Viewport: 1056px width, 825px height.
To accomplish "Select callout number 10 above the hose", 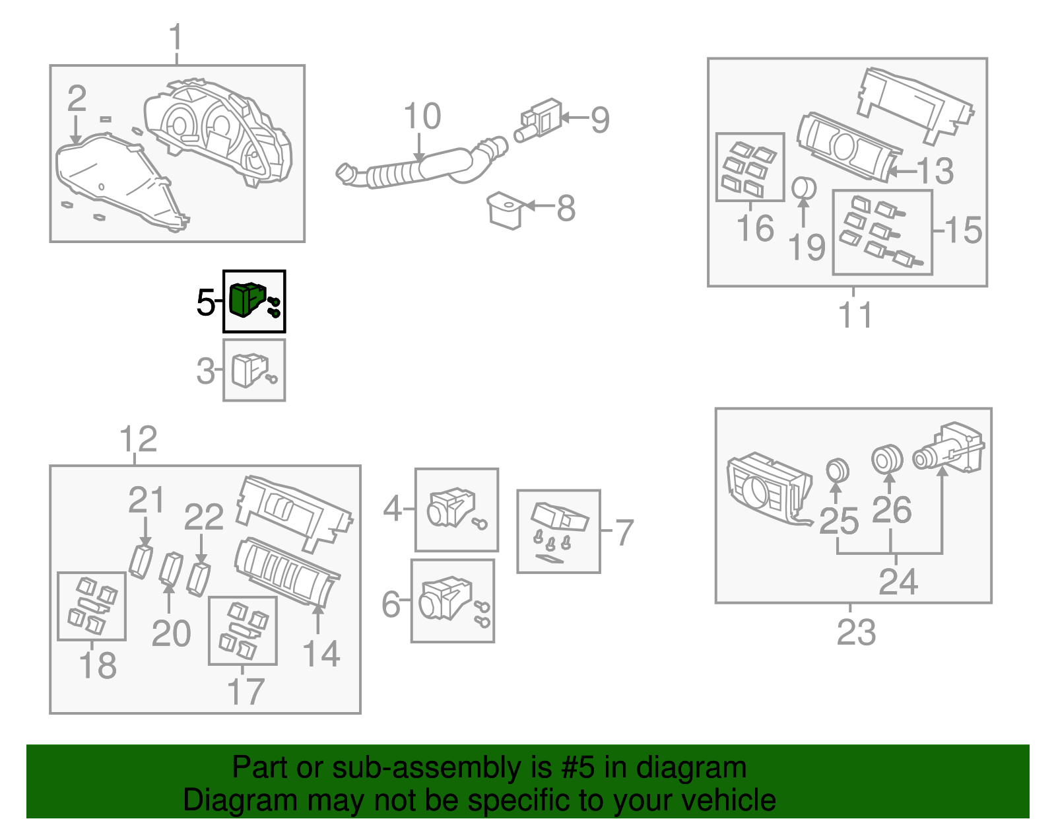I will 422,117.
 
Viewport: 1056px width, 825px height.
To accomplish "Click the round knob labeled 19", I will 803,188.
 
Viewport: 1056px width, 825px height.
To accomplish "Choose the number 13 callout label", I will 936,171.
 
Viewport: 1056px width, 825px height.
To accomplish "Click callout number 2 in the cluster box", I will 77,99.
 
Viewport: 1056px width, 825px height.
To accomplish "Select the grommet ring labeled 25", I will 838,471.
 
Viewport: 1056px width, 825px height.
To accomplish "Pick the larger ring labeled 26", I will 887,459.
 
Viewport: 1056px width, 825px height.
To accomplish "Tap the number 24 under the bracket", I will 898,582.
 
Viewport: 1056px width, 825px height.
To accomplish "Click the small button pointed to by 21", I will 141,561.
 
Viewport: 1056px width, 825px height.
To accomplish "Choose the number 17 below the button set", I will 245,692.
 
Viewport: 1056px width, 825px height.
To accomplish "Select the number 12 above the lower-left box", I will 139,439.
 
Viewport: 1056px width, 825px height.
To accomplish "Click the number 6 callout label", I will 391,604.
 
